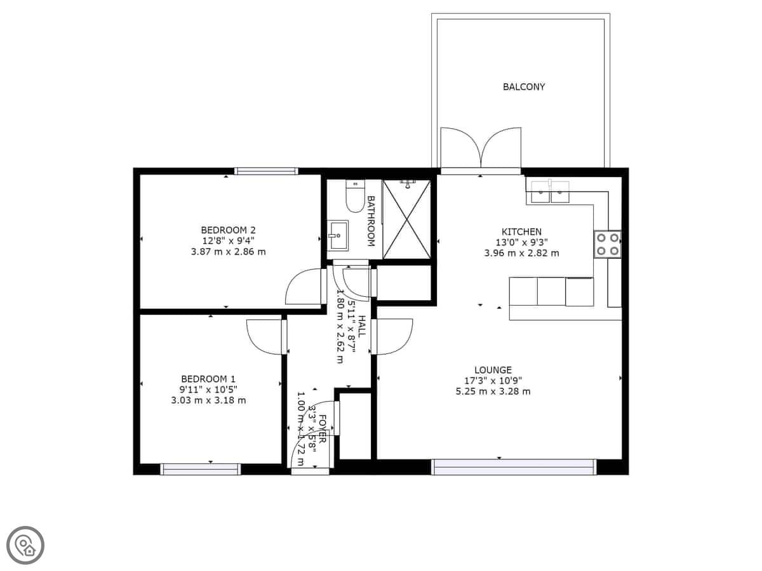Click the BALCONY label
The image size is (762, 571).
click(523, 87)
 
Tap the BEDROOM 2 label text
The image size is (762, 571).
click(228, 230)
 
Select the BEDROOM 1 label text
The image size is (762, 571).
click(208, 379)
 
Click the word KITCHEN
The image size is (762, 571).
click(521, 232)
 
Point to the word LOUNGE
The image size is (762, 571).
click(493, 370)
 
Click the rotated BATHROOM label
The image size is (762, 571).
click(371, 221)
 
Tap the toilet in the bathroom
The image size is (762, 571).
click(354, 196)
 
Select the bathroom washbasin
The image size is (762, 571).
click(338, 236)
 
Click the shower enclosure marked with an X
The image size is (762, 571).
click(406, 220)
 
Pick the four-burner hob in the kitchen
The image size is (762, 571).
click(608, 244)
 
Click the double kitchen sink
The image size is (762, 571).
click(551, 192)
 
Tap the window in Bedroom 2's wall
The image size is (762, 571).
click(266, 171)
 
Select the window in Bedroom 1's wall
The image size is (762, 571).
click(201, 469)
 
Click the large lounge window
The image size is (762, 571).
click(514, 467)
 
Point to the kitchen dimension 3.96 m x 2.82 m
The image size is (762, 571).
click(521, 253)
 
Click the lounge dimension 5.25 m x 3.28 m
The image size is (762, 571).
click(493, 391)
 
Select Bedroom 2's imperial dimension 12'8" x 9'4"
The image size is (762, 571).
click(228, 240)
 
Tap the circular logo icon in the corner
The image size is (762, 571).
click(25, 545)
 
